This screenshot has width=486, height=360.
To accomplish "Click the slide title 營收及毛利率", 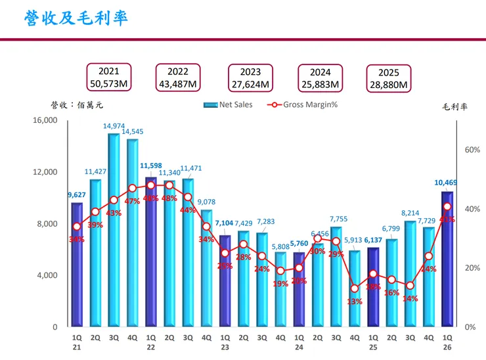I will click(76, 18).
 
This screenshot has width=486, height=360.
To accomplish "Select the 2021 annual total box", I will click(109, 78).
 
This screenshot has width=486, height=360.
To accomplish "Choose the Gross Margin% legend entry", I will click(302, 104).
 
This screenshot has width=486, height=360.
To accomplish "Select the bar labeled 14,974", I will click(114, 230).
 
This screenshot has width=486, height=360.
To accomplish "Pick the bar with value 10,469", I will click(447, 259).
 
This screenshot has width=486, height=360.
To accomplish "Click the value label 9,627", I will click(77, 194).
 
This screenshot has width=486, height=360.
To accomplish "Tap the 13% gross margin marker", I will click(355, 288).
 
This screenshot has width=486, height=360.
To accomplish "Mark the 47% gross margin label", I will click(133, 201).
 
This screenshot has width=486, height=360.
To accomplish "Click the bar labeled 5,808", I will click(280, 289).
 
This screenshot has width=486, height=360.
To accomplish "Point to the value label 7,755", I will click(337, 219).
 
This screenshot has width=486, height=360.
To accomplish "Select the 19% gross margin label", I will click(280, 284).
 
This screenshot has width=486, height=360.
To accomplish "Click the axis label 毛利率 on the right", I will click(454, 107).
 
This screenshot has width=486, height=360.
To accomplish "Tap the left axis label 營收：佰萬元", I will click(77, 104).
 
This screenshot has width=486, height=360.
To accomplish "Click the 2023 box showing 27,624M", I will click(250, 78).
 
